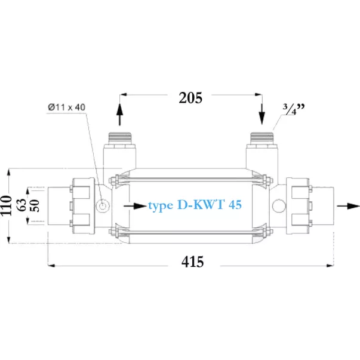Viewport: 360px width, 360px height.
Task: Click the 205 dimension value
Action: (x=190, y=98)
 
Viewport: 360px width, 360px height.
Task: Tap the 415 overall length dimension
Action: (x=192, y=261)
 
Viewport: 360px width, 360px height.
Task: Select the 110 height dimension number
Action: (x=6, y=206)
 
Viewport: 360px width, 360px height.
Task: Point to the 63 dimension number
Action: (x=22, y=205)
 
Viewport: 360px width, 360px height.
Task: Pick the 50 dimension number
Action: (x=35, y=205)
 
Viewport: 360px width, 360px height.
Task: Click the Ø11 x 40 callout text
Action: (x=67, y=107)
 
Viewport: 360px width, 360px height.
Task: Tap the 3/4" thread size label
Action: (x=294, y=109)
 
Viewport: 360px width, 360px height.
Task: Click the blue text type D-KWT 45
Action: (x=195, y=205)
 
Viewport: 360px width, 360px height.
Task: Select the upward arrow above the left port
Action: (x=119, y=115)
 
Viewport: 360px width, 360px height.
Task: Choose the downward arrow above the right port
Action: (x=262, y=114)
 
